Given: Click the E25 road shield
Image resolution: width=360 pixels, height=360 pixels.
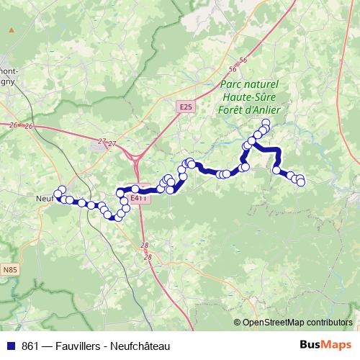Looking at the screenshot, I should click(x=186, y=107).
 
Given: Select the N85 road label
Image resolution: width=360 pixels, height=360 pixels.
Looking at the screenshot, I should click(x=9, y=269).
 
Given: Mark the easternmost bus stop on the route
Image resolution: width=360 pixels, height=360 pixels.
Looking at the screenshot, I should click(x=301, y=182).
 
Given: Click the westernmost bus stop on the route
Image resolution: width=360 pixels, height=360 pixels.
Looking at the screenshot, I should click(x=58, y=194).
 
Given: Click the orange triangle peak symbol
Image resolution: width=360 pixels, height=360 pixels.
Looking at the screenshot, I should click(x=12, y=30).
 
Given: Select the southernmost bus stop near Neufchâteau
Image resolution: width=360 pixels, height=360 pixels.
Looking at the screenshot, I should click(x=114, y=217).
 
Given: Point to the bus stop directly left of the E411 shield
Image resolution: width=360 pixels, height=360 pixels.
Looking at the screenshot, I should click(x=121, y=193).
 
